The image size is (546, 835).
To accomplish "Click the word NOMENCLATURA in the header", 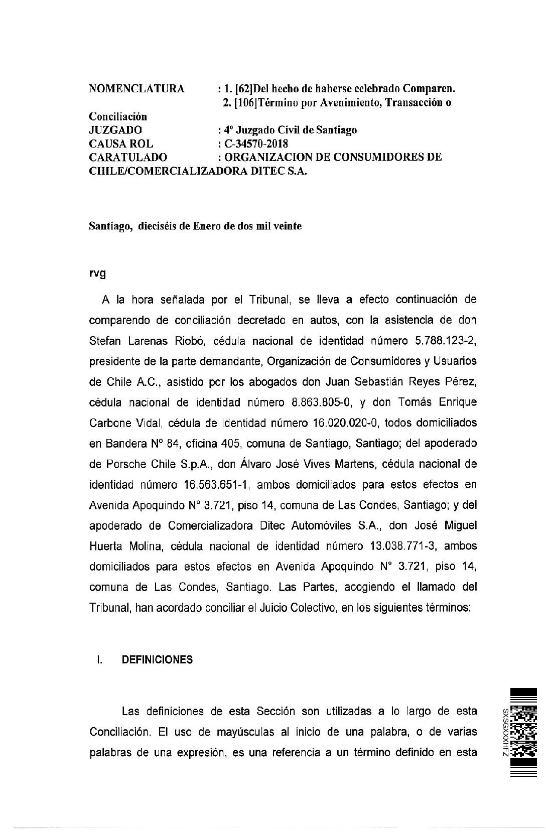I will (x=136, y=89).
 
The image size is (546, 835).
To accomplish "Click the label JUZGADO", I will (x=115, y=130).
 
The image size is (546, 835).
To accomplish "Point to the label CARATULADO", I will (x=128, y=157).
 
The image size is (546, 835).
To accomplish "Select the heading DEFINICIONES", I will (x=157, y=660).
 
